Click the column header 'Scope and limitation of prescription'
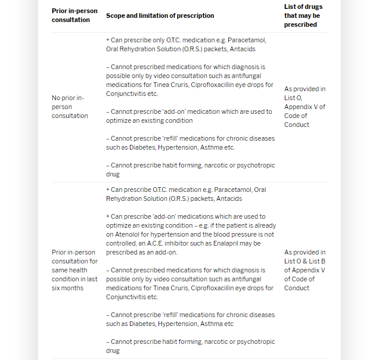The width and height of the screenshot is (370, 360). pos(160,15)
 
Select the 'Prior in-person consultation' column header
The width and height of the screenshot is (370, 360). pos(71,15)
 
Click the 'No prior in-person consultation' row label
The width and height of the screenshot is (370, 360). pos(69,107)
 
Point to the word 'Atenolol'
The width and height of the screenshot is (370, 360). pos(122,234)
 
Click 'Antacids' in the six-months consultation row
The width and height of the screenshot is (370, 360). pos(229,198)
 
